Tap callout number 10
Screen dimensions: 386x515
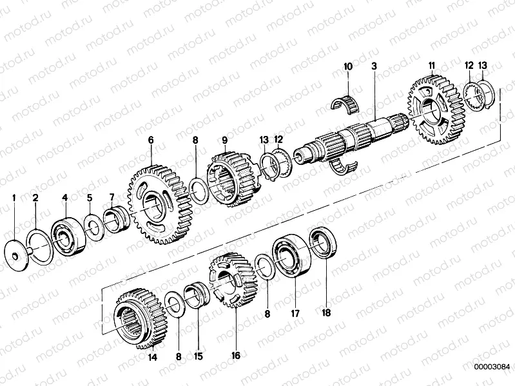[348, 66]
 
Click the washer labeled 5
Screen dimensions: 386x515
[93, 229]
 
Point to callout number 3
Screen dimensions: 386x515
[374, 66]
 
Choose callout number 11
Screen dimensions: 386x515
[432, 66]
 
